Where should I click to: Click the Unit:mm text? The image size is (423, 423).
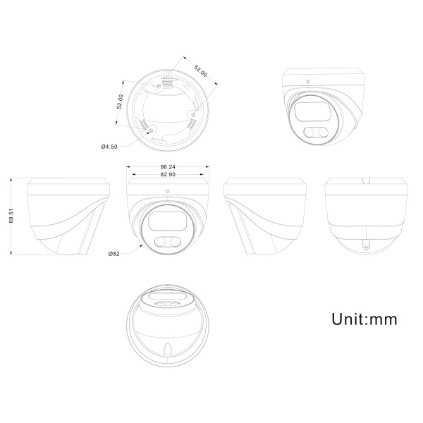click(x=364, y=319)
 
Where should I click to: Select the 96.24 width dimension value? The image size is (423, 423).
click(x=168, y=167)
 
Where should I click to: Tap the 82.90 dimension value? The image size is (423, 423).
click(x=168, y=175)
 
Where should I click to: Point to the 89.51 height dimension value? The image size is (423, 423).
click(x=11, y=216)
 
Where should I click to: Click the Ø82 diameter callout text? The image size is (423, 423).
click(x=114, y=254)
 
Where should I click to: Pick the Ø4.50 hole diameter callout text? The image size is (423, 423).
click(x=109, y=147)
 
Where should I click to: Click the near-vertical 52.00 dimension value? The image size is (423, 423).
click(x=120, y=102)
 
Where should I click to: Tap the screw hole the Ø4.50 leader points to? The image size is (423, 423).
click(x=152, y=130)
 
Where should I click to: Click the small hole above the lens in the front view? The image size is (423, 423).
click(x=168, y=191)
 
